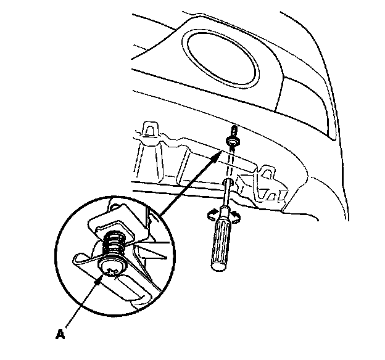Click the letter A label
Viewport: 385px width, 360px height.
60,336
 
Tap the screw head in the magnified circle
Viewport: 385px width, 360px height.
111,268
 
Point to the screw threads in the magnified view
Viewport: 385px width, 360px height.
113,246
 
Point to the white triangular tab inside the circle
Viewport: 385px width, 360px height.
151,250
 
